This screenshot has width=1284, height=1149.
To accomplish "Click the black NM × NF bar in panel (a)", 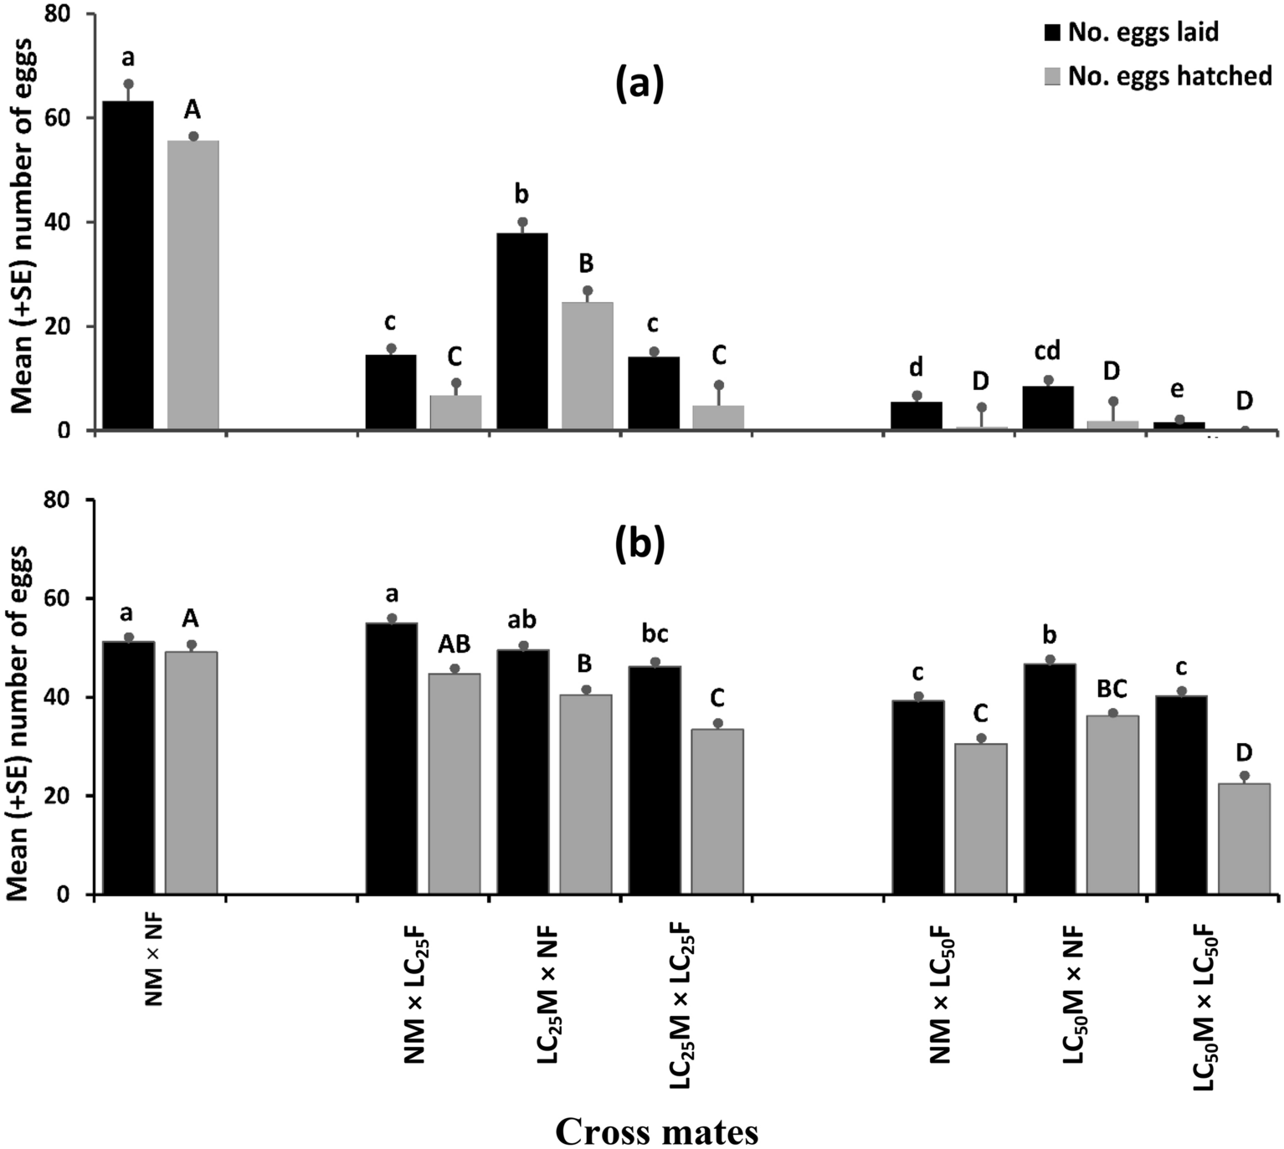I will tap(128, 265).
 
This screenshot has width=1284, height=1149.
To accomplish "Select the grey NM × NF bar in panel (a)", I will tap(193, 285).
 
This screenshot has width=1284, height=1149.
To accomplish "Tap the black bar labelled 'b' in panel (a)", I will tap(522, 331).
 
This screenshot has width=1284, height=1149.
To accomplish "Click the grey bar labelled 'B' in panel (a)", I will tap(587, 367).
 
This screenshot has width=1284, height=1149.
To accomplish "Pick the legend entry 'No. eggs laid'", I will tap(1132, 33).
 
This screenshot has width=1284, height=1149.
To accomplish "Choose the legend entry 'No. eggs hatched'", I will tap(1159, 76).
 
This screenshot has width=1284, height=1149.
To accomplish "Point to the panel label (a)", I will tap(639, 84).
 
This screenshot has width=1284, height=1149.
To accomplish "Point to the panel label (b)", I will tap(639, 543).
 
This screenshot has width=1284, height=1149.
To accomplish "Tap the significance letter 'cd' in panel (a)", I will tap(1047, 351).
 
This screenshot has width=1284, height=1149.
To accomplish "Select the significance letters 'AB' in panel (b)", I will tap(455, 643).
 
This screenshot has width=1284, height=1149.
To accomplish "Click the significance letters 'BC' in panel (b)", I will tap(1112, 688).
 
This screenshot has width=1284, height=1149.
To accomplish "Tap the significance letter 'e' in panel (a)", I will tap(1177, 390).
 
